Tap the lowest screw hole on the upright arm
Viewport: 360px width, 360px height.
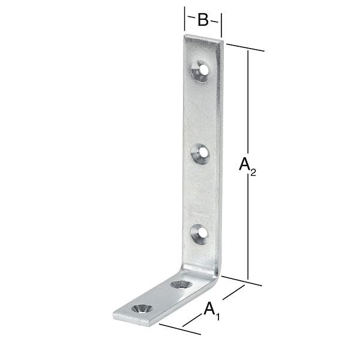tap(199, 233)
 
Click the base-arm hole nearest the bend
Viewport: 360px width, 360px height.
tap(179, 284)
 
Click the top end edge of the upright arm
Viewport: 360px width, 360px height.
tap(203, 38)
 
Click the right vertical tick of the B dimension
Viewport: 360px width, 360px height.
tap(222, 25)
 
